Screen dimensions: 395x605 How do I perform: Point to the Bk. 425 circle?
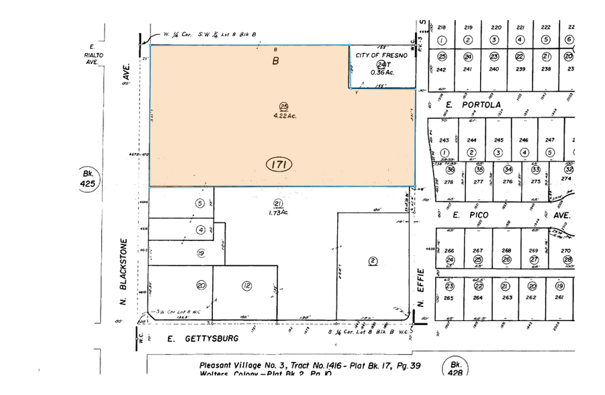point(87,177)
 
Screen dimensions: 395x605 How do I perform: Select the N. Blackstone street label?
point(124,272)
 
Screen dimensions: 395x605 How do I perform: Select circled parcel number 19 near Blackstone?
point(200,253)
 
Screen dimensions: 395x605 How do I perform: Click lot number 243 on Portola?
point(443,140)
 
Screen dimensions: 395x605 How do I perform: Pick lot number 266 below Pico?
point(450,251)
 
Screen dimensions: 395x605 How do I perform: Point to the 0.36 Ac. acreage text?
point(381,73)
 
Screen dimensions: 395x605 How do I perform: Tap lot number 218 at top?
point(442,28)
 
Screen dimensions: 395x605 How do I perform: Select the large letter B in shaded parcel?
point(275,61)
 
